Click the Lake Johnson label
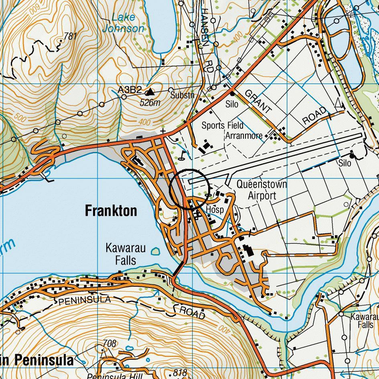click(x=123, y=23)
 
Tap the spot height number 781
click(x=70, y=36)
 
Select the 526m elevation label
click(x=150, y=103)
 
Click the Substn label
click(x=182, y=95)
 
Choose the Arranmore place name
click(x=244, y=136)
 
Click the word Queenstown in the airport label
click(x=261, y=184)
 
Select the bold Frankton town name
click(x=111, y=211)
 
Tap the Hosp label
click(x=215, y=210)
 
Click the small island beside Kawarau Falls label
click(x=155, y=252)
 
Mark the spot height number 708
click(x=109, y=343)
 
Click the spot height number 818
click(x=180, y=373)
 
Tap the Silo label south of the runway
click(x=345, y=163)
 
